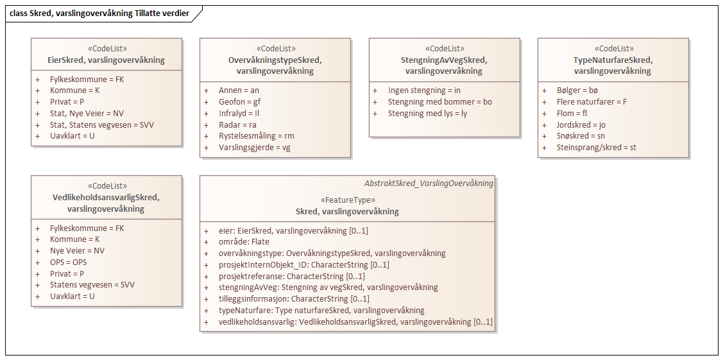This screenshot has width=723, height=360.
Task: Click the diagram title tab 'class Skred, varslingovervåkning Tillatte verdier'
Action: pos(99,13)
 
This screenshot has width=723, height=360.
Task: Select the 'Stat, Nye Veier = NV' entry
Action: pos(87,114)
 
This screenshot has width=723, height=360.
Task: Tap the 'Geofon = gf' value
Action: pos(239,101)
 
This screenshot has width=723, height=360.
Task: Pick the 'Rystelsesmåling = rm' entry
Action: pos(256,136)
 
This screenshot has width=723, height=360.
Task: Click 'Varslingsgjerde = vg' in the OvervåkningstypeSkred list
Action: pos(254,148)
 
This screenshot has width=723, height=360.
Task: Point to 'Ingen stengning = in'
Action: pos(424,90)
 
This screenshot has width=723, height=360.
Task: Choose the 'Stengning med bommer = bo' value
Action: pos(439,102)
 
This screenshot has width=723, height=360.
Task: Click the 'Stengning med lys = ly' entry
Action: pos(427,114)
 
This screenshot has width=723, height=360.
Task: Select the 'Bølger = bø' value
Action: pos(577,90)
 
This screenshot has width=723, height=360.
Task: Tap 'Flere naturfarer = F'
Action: pos(591,102)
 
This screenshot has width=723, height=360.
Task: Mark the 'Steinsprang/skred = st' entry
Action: pos(596,148)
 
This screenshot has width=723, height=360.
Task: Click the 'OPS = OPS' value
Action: pos(68,262)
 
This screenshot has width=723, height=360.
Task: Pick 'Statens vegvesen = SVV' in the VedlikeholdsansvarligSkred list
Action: pos(92,285)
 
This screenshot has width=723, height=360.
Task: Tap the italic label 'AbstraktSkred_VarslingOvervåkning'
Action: pos(429,183)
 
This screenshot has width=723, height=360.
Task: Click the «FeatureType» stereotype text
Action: pos(347,200)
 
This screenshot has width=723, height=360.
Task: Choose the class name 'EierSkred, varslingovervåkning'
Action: pos(106,60)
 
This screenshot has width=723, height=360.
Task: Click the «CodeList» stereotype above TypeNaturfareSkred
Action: pos(612,49)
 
